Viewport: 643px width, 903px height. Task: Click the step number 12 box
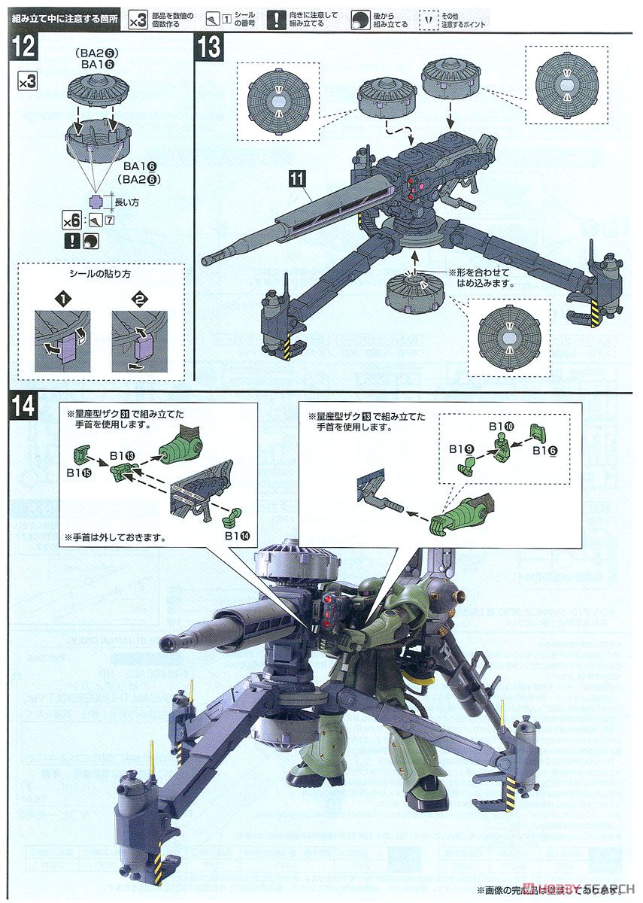tap(24, 47)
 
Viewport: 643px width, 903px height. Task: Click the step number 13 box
tap(209, 47)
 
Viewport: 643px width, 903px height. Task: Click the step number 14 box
tap(24, 406)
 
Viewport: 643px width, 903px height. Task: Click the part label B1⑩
tap(502, 426)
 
